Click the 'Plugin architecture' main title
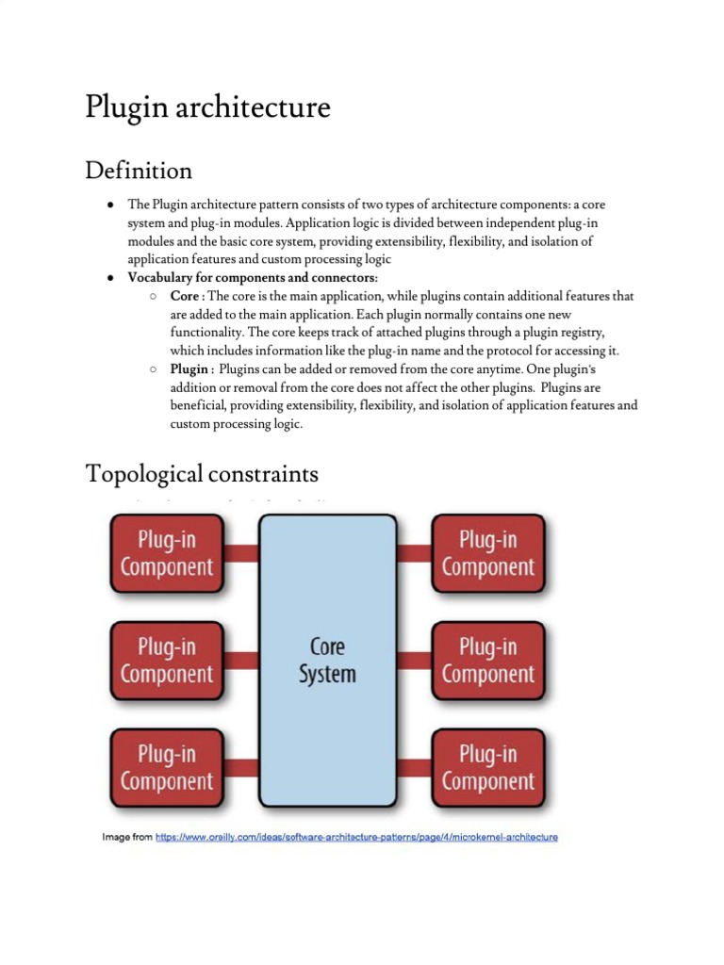point(207,107)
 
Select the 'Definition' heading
point(139,171)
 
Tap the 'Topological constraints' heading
point(202,472)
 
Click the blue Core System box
point(327,660)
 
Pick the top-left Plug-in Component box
point(168,553)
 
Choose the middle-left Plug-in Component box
point(168,660)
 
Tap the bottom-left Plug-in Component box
point(168,767)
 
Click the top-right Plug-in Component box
point(487,553)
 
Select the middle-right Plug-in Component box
point(487,660)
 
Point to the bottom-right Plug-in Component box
point(487,767)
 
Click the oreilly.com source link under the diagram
point(356,837)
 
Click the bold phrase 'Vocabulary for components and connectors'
point(252,278)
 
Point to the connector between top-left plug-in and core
point(241,553)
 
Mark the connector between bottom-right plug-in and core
point(414,767)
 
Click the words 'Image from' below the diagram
point(126,837)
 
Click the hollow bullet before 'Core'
point(153,297)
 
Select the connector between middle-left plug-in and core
point(241,660)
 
